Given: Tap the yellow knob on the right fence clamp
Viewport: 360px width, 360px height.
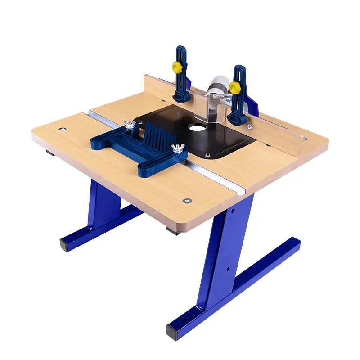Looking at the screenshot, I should pyautogui.click(x=235, y=86).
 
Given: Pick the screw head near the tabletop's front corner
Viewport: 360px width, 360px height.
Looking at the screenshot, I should pyautogui.click(x=185, y=201).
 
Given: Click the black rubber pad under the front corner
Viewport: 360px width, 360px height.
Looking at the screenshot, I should pyautogui.click(x=173, y=231).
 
